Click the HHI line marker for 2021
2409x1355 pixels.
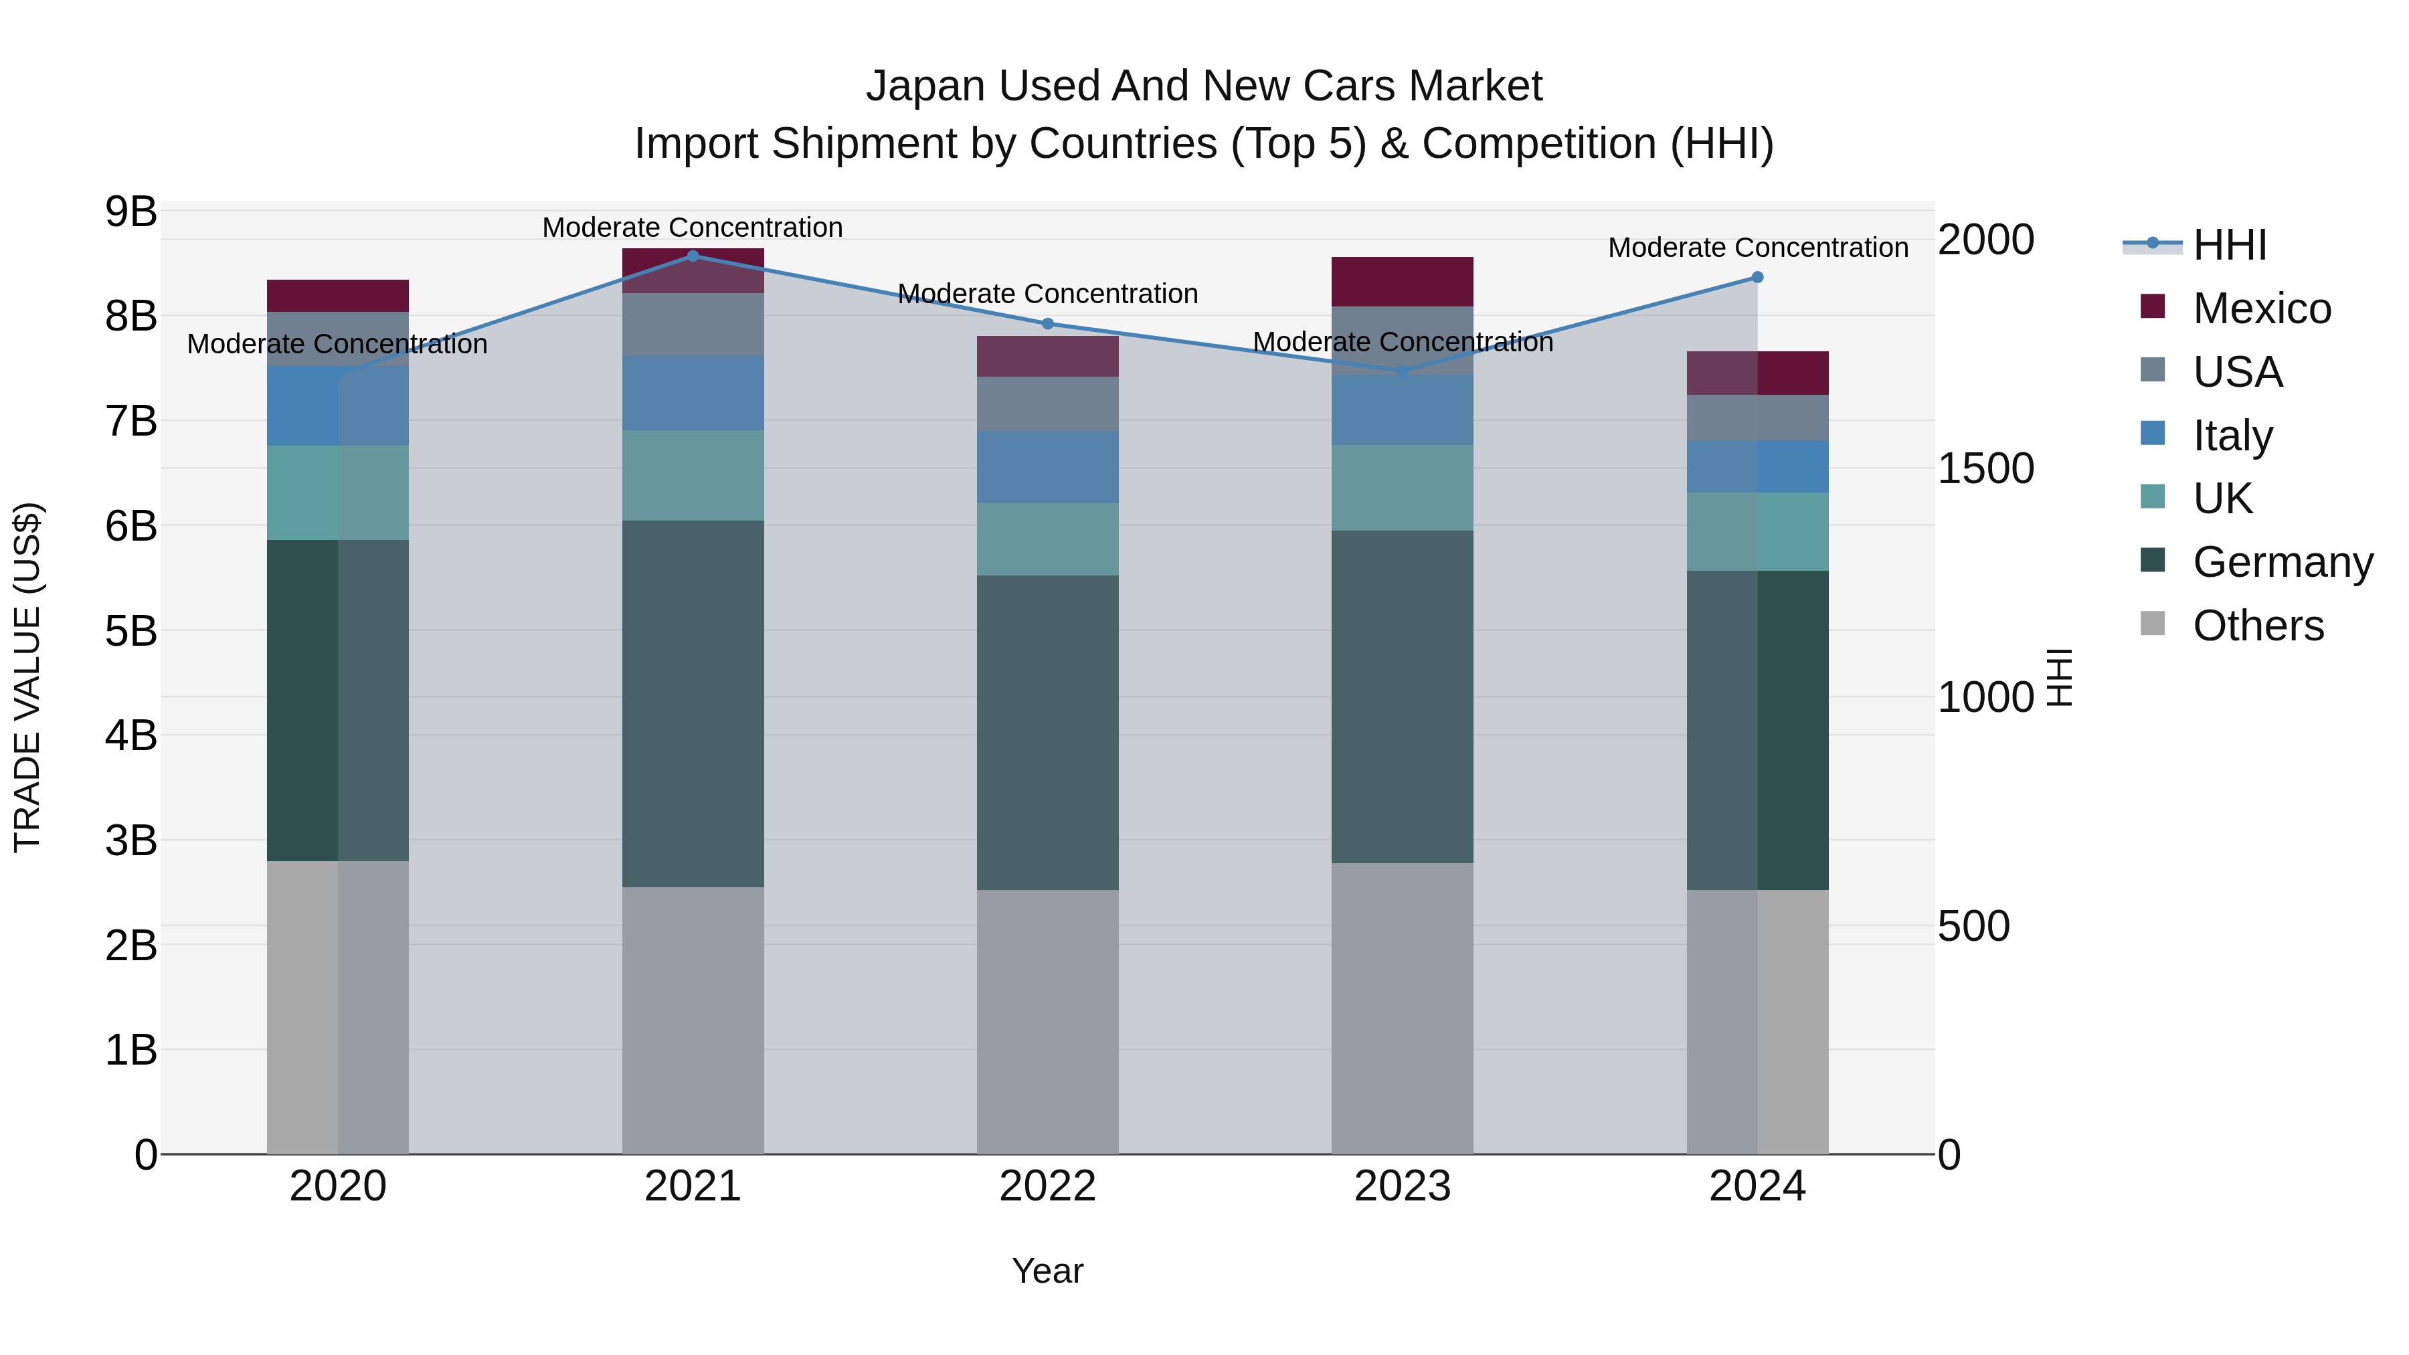pos(693,256)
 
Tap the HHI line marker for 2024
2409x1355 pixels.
pos(1757,278)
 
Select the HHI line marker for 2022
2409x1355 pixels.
pos(1047,325)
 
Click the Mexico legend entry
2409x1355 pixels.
pos(2261,308)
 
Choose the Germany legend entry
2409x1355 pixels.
pos(2282,563)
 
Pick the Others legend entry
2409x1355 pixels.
pos(2258,626)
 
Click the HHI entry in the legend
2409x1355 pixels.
pos(2230,245)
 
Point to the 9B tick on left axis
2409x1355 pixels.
pos(131,212)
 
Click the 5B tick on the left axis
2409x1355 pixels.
pos(131,631)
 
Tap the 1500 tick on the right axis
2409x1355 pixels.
pos(1985,468)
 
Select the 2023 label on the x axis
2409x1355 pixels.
pos(1402,1186)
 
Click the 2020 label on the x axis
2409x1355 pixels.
pos(338,1186)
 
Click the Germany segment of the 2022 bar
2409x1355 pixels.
pos(1047,732)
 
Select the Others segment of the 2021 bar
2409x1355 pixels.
pos(693,1019)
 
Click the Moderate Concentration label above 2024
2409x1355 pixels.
pos(1757,248)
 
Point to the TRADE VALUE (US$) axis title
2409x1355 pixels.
pos(28,677)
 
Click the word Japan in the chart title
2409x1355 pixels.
pos(927,86)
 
